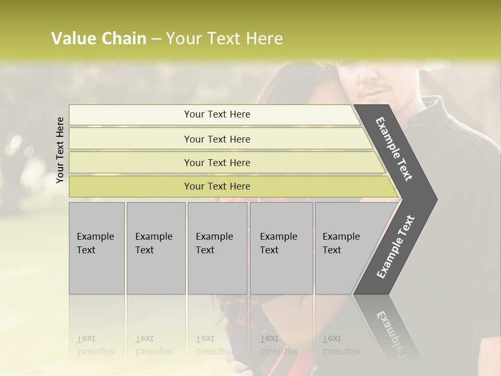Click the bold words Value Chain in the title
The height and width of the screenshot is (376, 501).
pyautogui.click(x=99, y=39)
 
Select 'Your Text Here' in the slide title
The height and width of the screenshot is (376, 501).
pyautogui.click(x=224, y=39)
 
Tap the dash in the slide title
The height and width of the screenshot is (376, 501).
pyautogui.click(x=156, y=39)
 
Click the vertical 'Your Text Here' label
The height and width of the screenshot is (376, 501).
pyautogui.click(x=60, y=150)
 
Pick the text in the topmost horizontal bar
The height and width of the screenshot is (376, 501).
pyautogui.click(x=217, y=114)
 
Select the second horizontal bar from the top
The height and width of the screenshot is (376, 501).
pyautogui.click(x=217, y=139)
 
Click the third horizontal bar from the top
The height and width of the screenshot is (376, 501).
pyautogui.click(x=217, y=162)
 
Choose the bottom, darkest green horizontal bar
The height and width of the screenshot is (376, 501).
pyautogui.click(x=217, y=186)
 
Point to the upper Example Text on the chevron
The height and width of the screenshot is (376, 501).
pyautogui.click(x=395, y=149)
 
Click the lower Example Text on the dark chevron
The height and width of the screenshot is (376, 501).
pyautogui.click(x=396, y=246)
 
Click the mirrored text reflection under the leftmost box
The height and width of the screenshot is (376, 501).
pyautogui.click(x=96, y=345)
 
